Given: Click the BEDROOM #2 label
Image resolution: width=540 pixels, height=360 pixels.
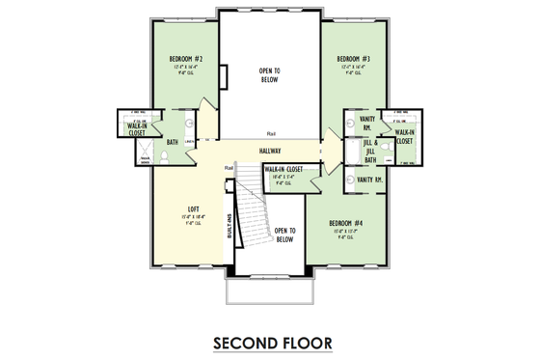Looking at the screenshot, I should (x=184, y=59).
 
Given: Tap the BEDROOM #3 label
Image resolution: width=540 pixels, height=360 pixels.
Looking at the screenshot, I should (x=354, y=59).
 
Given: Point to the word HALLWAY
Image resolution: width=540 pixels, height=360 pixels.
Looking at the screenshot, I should (x=269, y=152).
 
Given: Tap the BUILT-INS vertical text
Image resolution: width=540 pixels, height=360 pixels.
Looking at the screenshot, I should (x=229, y=224).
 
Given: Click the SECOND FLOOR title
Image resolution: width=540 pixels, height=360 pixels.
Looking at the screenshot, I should (x=269, y=341).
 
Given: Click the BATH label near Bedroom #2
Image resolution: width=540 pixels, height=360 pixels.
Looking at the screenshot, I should (x=172, y=143).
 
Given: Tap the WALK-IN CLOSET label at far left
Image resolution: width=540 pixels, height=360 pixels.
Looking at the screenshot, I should (x=136, y=127).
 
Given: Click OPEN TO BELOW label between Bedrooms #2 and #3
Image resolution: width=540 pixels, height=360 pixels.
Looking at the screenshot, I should (x=269, y=74).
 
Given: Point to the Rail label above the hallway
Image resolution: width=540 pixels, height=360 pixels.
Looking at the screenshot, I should (x=269, y=134).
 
